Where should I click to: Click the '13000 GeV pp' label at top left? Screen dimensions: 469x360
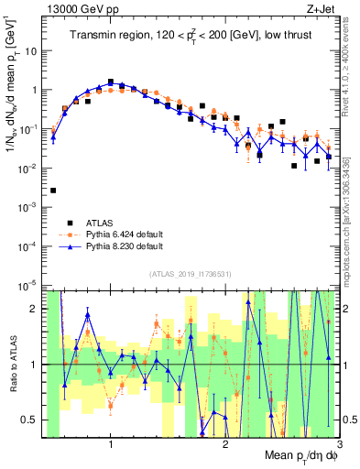point(80,7)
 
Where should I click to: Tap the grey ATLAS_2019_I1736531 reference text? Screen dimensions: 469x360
point(191,275)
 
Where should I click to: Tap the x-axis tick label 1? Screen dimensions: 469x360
point(111,443)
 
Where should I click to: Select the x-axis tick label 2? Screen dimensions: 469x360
point(225,443)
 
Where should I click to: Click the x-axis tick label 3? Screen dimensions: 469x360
point(338,443)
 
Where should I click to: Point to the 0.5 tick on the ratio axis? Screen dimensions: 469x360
point(34,420)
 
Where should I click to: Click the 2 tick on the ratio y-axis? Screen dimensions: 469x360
point(38,309)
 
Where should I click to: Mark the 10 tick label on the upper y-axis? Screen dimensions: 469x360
point(34,51)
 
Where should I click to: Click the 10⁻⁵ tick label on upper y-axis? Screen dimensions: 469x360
point(32,286)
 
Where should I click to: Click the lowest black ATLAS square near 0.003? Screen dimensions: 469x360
point(53,191)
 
